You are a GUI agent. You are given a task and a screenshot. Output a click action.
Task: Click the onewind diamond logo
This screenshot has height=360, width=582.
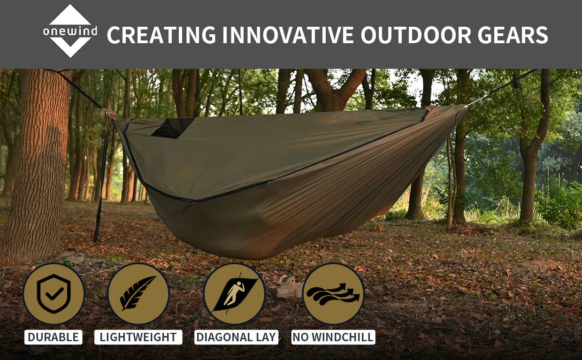[x=70, y=31]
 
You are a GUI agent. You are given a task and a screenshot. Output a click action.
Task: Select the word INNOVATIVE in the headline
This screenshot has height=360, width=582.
[x=288, y=35]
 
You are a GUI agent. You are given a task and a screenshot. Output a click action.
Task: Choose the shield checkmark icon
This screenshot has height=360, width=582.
[x=54, y=294]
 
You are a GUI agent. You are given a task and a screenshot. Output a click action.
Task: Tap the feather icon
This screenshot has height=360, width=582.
[x=138, y=294]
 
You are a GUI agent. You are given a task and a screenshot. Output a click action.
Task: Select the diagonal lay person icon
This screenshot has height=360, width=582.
[x=234, y=294]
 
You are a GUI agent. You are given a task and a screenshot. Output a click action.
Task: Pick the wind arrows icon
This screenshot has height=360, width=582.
[x=333, y=294]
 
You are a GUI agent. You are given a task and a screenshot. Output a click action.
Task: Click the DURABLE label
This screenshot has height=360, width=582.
[x=53, y=337]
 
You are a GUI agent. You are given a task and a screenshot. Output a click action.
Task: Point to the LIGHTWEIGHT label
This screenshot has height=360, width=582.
[x=138, y=337]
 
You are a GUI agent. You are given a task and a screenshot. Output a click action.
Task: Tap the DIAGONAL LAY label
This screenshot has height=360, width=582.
[x=236, y=337]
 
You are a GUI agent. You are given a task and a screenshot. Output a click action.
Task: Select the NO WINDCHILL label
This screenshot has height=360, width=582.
[x=333, y=337]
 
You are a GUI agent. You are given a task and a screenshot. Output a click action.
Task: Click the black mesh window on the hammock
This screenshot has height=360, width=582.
[x=173, y=128]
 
